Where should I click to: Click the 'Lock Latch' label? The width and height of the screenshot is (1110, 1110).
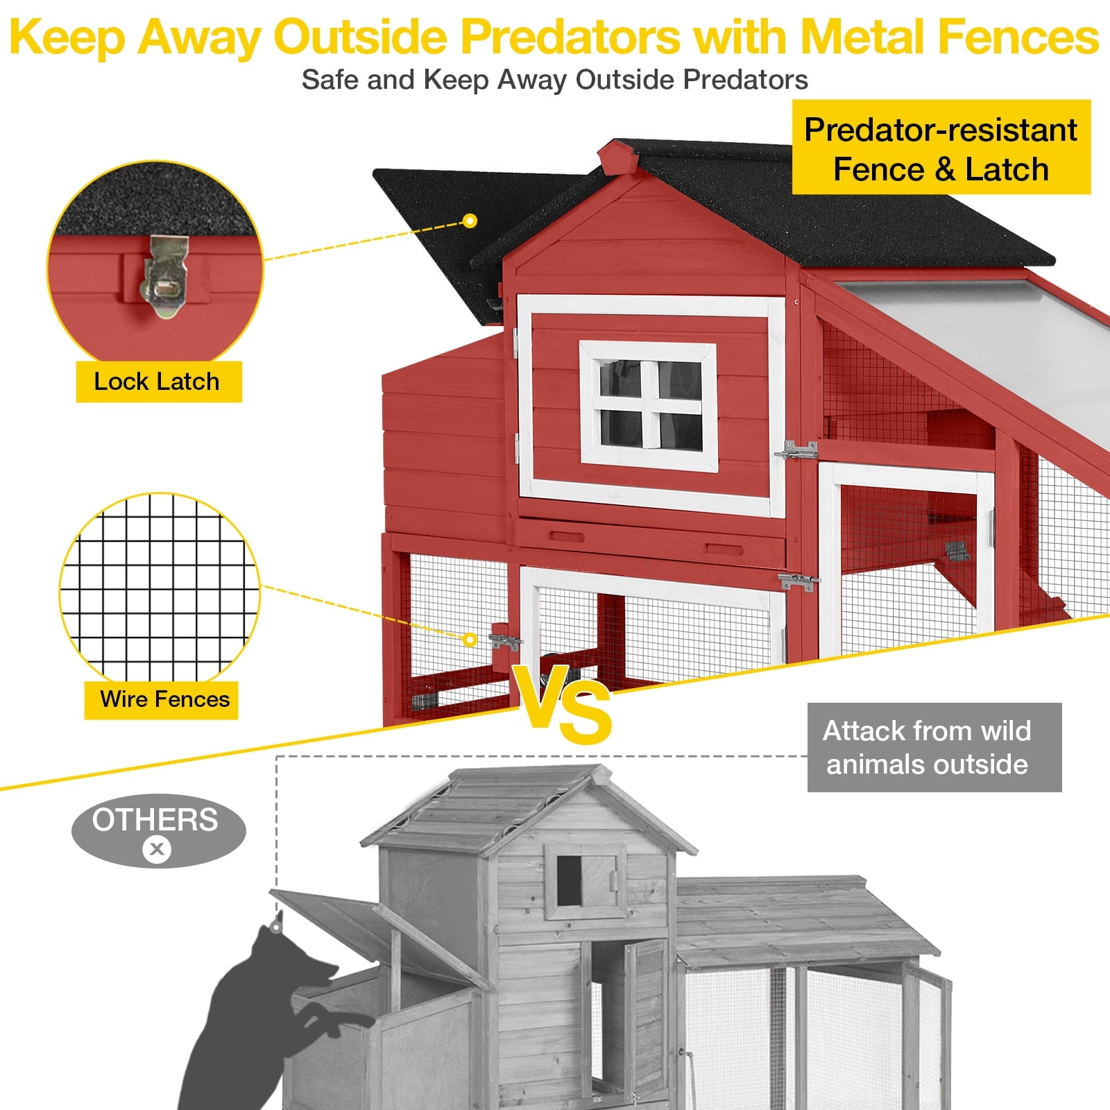click(158, 382)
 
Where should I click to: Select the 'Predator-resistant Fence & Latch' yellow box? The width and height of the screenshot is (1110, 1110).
click(941, 148)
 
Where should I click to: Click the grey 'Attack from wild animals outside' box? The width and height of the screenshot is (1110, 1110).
click(934, 747)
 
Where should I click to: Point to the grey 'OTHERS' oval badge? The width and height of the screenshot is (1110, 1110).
click(158, 830)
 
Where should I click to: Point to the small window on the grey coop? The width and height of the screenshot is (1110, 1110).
click(569, 880)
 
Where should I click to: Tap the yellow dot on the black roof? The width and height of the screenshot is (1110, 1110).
click(470, 221)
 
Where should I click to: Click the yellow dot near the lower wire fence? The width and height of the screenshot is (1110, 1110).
click(470, 639)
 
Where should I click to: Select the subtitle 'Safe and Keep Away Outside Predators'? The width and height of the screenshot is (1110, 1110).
click(554, 80)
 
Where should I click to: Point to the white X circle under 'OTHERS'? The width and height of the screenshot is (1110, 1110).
click(157, 849)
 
